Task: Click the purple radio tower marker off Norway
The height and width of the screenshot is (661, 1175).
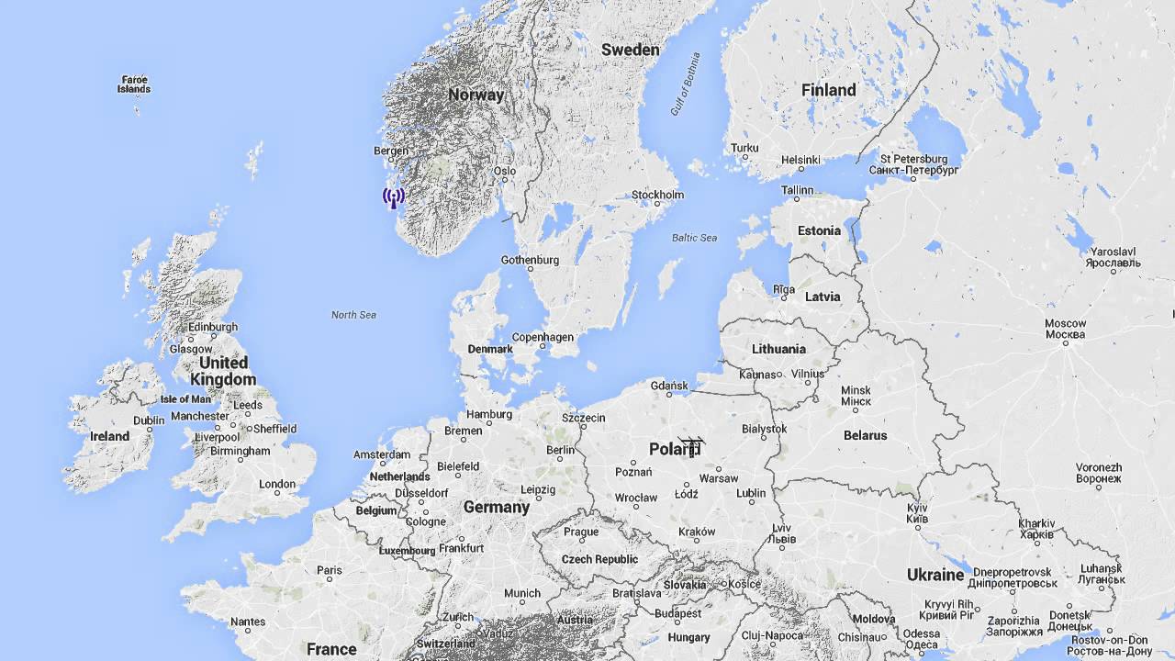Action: tap(394, 196)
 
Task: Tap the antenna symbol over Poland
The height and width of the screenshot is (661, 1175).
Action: tap(691, 446)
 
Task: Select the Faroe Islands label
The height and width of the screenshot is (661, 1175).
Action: tap(134, 84)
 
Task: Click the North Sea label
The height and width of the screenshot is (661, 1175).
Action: tap(353, 315)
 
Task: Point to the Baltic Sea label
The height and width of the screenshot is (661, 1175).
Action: tap(694, 238)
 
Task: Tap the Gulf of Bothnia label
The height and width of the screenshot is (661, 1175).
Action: tap(685, 84)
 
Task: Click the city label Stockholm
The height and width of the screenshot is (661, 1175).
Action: tap(657, 195)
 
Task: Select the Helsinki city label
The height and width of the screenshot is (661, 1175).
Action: tap(800, 160)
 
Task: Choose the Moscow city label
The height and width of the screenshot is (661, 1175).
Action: tap(1065, 329)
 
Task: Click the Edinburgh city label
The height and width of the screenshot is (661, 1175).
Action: tap(212, 327)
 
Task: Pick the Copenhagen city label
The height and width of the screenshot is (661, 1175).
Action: tap(543, 337)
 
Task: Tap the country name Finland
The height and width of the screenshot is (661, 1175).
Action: tap(828, 90)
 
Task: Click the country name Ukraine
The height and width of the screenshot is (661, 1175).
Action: tap(935, 575)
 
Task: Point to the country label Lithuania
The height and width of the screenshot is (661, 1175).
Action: tap(778, 349)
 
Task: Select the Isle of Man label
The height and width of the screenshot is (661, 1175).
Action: tap(185, 399)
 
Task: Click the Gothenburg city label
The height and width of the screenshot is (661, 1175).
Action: tap(530, 260)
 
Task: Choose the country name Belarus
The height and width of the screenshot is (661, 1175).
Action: tap(865, 435)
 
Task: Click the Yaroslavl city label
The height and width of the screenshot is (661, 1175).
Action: tap(1113, 257)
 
